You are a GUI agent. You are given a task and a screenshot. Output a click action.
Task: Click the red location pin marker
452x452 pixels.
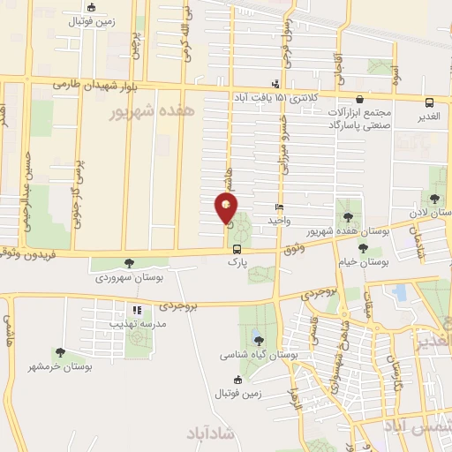point(226,208)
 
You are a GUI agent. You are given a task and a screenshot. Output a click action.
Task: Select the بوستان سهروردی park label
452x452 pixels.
point(132,277)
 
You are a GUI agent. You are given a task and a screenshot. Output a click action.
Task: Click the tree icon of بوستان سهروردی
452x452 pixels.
point(131,263)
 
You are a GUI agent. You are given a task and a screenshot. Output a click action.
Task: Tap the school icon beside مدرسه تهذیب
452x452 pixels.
point(136,310)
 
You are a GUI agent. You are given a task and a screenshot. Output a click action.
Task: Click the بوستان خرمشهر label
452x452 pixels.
point(60,366)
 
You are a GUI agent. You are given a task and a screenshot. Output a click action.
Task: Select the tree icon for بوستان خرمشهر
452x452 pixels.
point(60,352)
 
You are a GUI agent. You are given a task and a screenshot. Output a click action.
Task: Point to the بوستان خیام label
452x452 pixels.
point(363,262)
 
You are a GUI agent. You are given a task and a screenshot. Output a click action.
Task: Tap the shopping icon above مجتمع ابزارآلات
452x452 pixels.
point(358,100)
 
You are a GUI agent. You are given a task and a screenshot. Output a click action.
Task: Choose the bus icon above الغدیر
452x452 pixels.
point(429,102)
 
